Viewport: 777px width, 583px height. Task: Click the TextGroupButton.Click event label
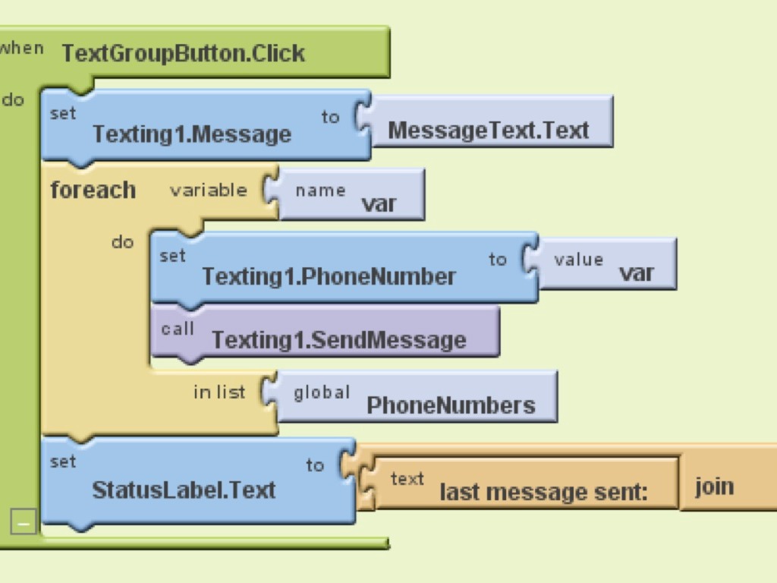coord(183,53)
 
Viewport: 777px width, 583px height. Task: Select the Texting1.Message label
coord(191,134)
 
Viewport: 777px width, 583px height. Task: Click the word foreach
coord(93,190)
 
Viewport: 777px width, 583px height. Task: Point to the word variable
coord(208,190)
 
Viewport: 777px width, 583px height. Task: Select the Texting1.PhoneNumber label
coord(329,276)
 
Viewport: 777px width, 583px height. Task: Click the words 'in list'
coord(219,392)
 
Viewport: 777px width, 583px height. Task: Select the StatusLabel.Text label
coord(183,490)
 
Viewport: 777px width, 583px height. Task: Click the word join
coord(714,485)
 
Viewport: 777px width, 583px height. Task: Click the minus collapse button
coord(24,522)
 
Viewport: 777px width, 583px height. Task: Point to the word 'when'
coord(20,48)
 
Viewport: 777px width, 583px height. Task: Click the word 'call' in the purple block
coord(178,328)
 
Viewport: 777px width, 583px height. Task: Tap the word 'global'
coord(322,392)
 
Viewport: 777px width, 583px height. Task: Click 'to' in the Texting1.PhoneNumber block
coord(497,260)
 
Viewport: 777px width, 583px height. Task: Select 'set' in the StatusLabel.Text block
coord(62,462)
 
